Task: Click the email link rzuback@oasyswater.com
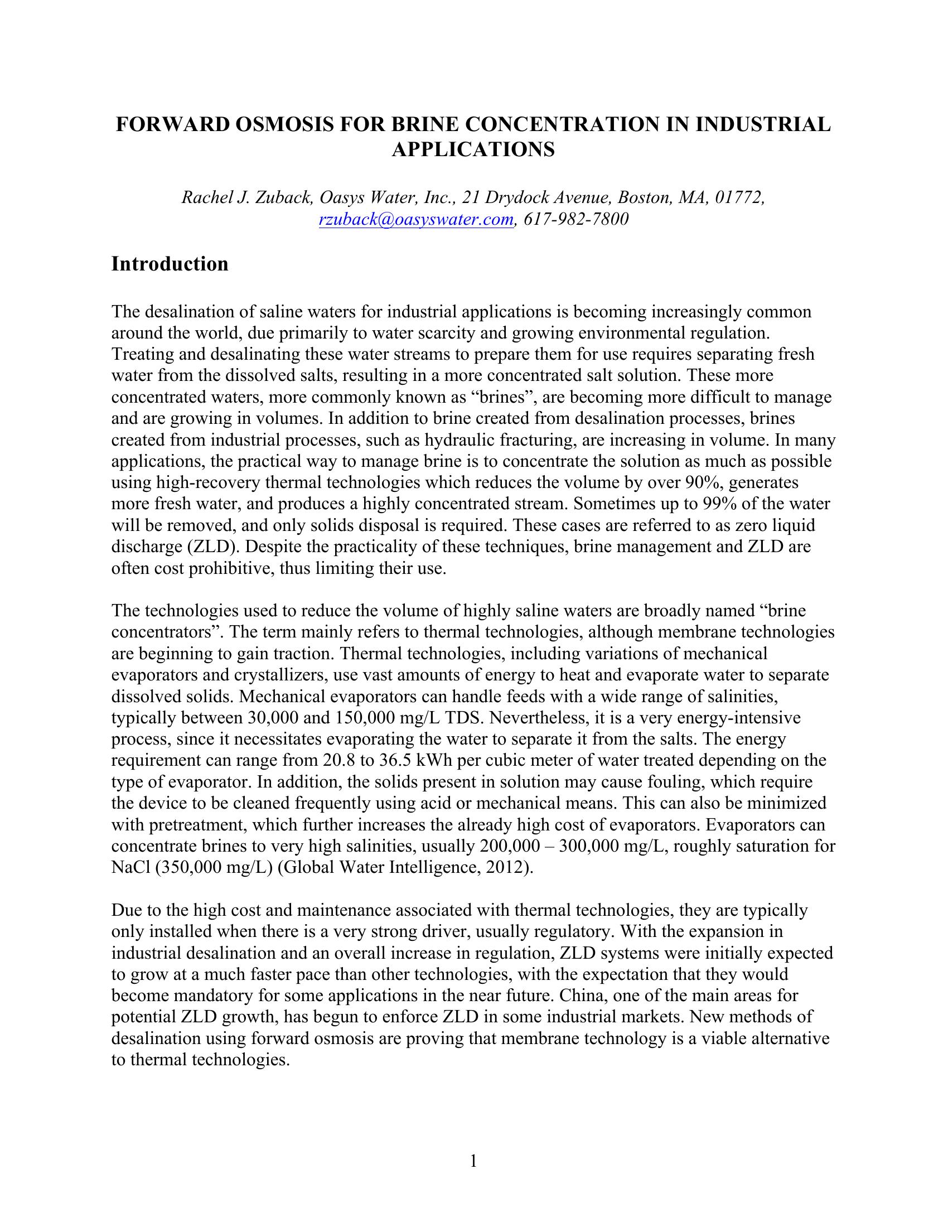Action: pos(415,219)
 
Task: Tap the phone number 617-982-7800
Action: pos(576,219)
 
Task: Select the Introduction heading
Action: pos(170,263)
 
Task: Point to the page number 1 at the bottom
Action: pos(473,1161)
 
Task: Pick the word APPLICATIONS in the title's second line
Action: pos(473,150)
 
